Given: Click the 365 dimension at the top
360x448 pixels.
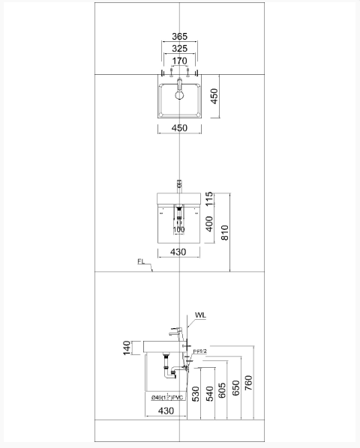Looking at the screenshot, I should pos(179,36).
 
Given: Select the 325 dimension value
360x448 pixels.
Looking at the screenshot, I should pos(179,49).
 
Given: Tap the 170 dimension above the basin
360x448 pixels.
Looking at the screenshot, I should pos(179,61).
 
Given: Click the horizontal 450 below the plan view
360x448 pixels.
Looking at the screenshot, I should pos(179,128).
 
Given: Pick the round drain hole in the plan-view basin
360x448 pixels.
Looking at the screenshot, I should pos(180,95).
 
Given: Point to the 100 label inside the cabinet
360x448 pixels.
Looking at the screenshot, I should pos(179,230).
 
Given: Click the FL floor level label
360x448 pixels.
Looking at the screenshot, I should pos(142,262).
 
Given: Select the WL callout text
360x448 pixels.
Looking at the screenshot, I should pos(199,315).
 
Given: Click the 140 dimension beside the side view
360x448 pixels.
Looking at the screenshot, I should pos(127,347).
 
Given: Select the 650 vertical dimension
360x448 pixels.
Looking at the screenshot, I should pos(235,387).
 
